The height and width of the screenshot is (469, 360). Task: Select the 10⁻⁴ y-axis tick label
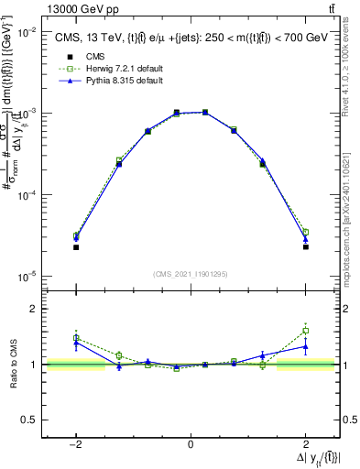29,195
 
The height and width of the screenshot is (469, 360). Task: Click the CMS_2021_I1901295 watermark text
191,274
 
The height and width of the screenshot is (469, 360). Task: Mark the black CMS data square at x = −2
76,247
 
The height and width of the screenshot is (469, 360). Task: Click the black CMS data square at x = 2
305,246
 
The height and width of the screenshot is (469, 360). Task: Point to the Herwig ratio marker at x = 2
305,331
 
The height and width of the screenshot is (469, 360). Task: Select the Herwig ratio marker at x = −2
76,338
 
